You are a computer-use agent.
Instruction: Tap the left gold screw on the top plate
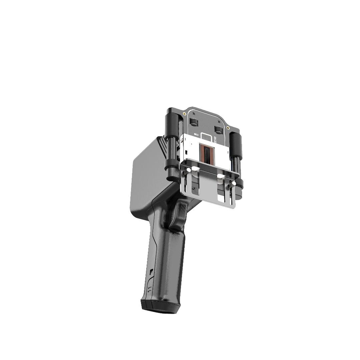(183, 114)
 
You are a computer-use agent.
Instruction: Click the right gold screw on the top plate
(228, 128)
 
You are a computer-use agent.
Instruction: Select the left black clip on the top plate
(193, 121)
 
